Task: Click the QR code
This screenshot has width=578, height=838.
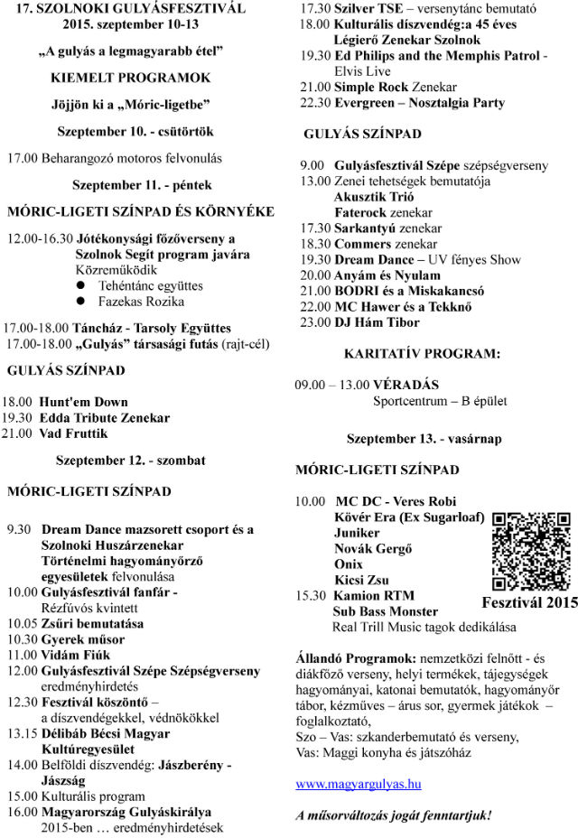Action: point(532,551)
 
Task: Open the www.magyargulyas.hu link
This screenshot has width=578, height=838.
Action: point(358,784)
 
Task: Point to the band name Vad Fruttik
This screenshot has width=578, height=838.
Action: point(72,433)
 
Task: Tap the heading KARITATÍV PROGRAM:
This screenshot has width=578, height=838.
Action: point(423,354)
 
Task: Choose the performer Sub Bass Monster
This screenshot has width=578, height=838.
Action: point(385,611)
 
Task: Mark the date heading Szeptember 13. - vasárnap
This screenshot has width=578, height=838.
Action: point(424,439)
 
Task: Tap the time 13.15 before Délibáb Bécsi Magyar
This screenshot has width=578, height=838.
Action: point(21,733)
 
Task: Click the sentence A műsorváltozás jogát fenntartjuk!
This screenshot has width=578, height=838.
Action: point(394,815)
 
